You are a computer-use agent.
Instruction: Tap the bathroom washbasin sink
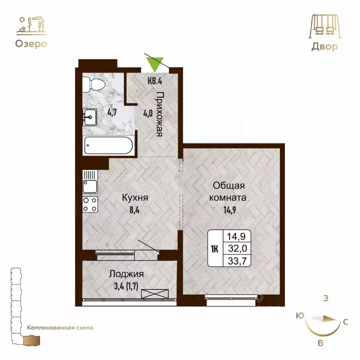(x=90, y=116)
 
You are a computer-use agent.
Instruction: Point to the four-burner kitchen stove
(x=90, y=203)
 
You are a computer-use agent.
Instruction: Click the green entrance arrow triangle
(x=155, y=63)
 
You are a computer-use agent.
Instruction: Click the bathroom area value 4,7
(x=112, y=112)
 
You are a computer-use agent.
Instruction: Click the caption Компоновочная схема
(x=60, y=328)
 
